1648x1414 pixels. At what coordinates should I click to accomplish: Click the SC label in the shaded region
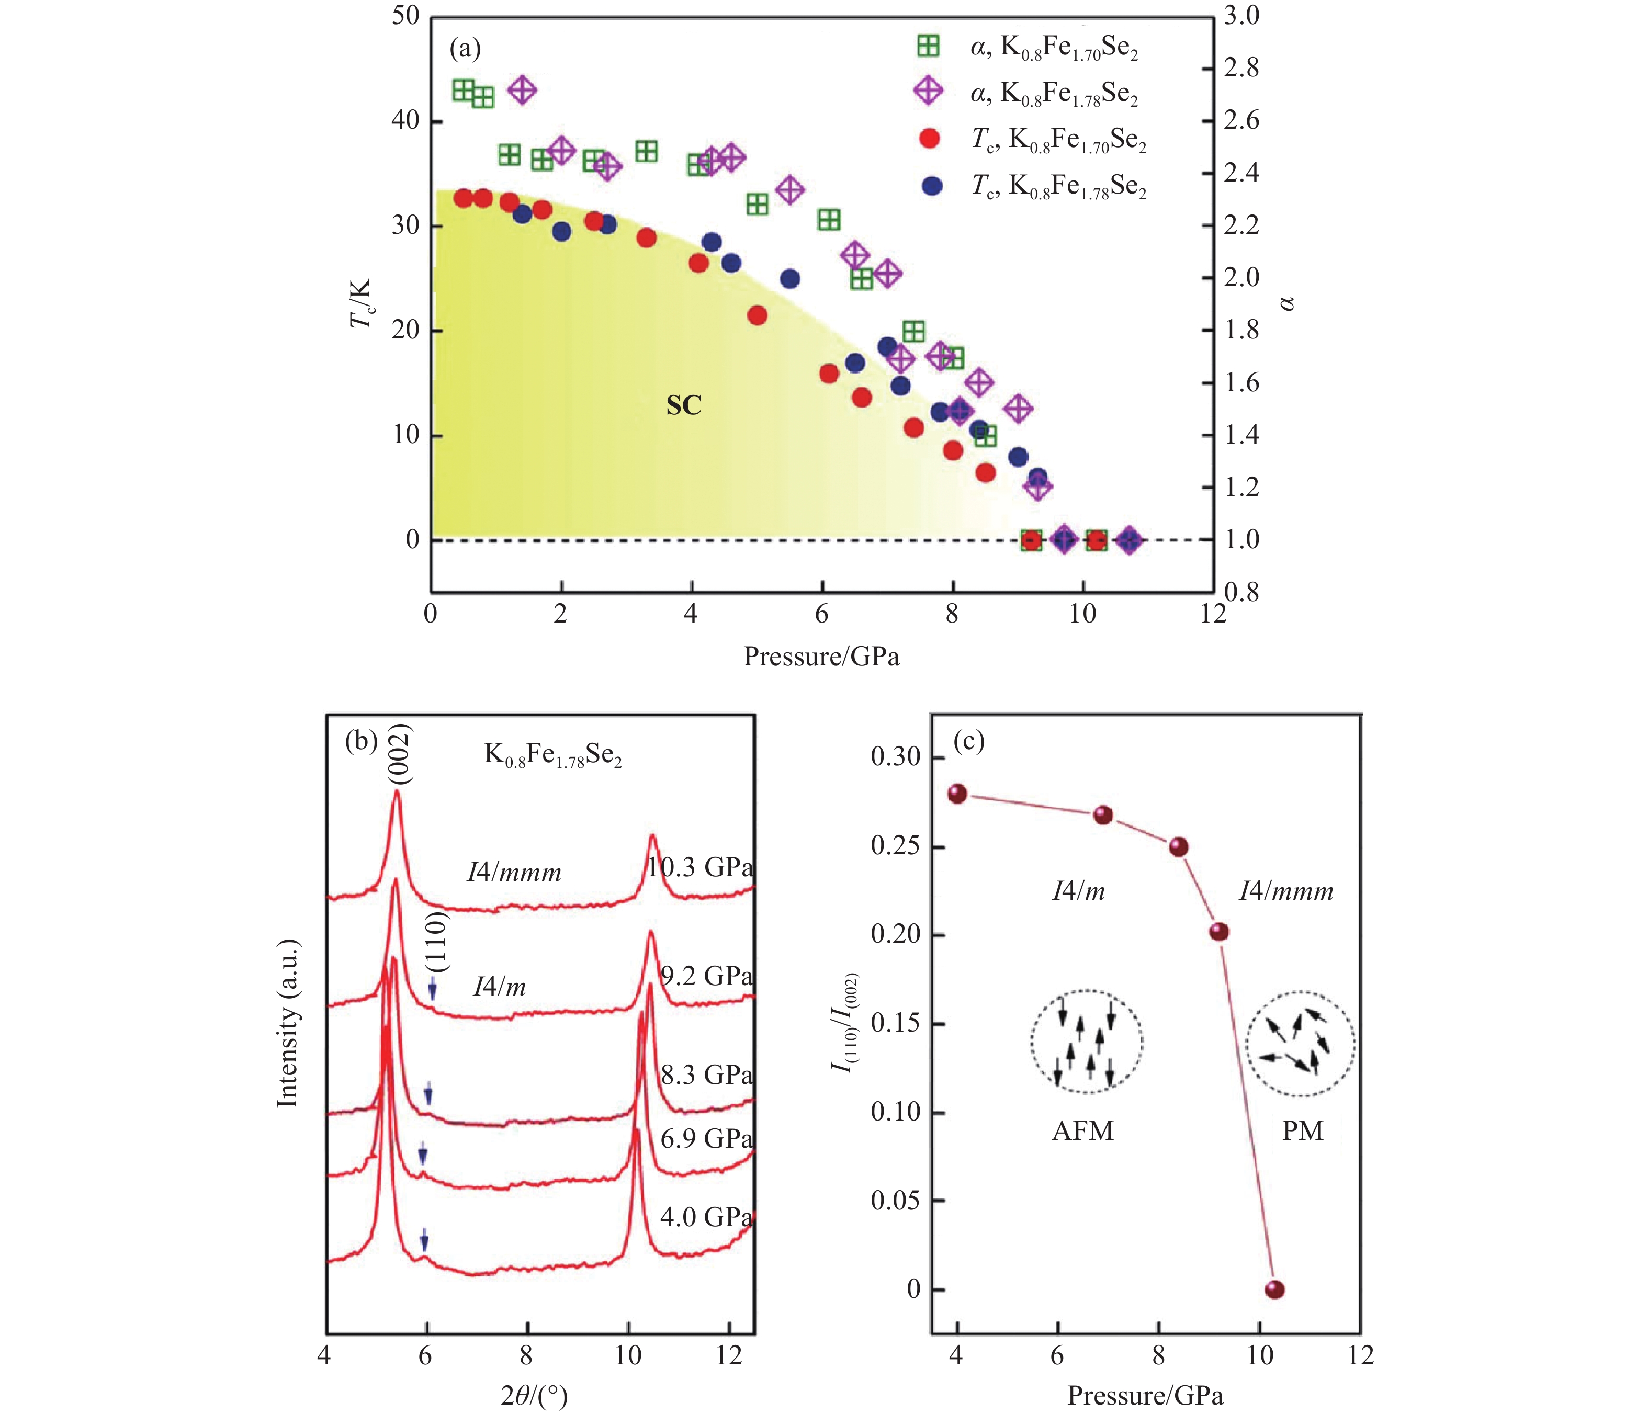pyautogui.click(x=683, y=405)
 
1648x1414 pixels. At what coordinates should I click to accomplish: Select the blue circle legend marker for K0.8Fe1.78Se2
pyautogui.click(x=931, y=186)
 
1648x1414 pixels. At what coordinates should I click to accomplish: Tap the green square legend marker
pyautogui.click(x=928, y=46)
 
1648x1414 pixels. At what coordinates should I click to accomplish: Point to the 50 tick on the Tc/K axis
pyautogui.click(x=405, y=16)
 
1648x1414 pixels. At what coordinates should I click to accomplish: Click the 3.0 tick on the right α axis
pyautogui.click(x=1241, y=16)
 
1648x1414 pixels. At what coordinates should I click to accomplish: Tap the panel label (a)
pyautogui.click(x=465, y=49)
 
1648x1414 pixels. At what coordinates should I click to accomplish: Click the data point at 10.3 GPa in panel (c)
pyautogui.click(x=1274, y=1289)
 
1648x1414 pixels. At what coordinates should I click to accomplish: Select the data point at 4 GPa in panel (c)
pyautogui.click(x=957, y=794)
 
